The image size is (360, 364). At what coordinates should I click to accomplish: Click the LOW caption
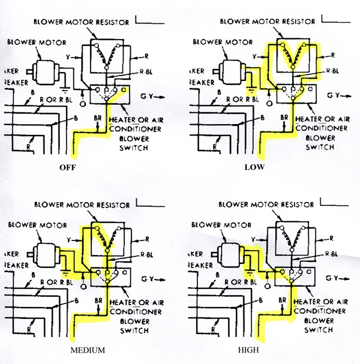tap(254, 167)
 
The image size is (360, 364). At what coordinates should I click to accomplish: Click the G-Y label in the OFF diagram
tap(148, 95)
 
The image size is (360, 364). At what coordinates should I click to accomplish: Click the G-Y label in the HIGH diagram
tap(334, 279)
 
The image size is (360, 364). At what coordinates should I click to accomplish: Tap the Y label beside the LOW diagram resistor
tap(254, 56)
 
